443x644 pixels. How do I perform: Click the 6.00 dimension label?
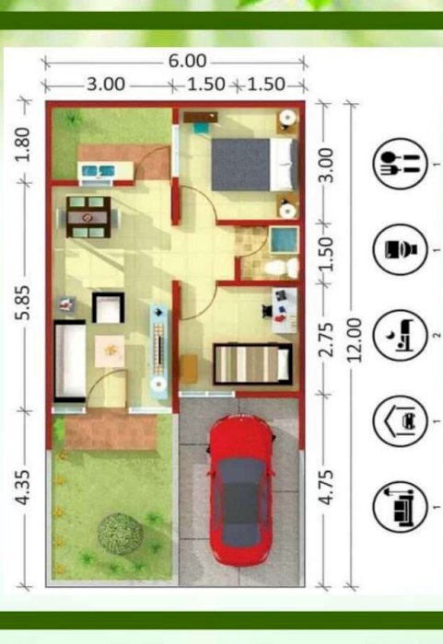pos(187,61)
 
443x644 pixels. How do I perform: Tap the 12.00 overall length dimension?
pos(355,339)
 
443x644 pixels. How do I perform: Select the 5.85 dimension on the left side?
pos(23,303)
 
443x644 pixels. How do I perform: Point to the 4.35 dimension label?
pos(23,487)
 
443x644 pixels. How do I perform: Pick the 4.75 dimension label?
pos(326,487)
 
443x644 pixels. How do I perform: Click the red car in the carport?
pos(241,490)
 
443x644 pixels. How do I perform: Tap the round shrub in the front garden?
pos(120,534)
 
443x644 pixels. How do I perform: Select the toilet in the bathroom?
pos(282,268)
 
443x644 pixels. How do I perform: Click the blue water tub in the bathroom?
pos(284,239)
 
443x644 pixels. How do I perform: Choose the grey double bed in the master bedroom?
pos(254,165)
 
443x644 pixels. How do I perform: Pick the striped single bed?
pos(252,363)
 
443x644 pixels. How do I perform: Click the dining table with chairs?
pos(88,217)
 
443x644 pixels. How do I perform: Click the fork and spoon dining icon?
pos(400,164)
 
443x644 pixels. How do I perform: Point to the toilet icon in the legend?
pos(400,249)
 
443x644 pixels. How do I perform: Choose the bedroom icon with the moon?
pos(400,335)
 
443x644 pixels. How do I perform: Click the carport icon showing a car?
pos(400,421)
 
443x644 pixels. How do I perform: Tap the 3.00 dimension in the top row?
pos(106,85)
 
